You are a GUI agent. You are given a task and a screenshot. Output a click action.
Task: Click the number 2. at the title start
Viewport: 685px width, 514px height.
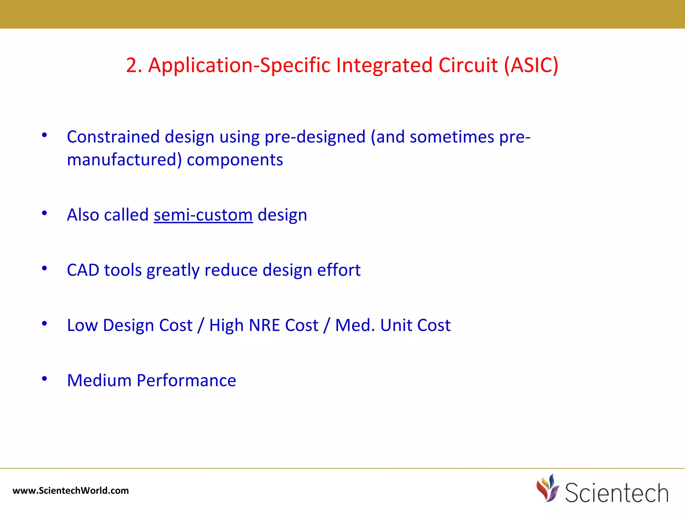(134, 65)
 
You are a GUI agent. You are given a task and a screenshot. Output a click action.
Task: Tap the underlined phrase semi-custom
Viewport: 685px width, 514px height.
(203, 215)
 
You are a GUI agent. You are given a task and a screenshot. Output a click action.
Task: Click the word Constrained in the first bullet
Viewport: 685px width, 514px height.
(113, 137)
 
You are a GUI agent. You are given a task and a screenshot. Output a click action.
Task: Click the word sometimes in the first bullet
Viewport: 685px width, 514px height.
(452, 137)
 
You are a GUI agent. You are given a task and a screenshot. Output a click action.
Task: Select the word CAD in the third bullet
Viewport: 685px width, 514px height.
(83, 270)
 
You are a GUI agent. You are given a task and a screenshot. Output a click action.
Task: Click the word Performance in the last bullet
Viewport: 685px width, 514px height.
(186, 380)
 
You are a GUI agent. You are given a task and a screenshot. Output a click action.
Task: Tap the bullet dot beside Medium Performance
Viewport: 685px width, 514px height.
(44, 378)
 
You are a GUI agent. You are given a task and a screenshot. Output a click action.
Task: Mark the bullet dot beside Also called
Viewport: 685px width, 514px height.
(44, 213)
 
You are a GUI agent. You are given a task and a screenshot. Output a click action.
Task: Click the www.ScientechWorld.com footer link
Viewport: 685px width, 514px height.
(71, 491)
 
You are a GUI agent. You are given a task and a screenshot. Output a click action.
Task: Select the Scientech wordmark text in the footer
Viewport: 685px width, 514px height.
(616, 493)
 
